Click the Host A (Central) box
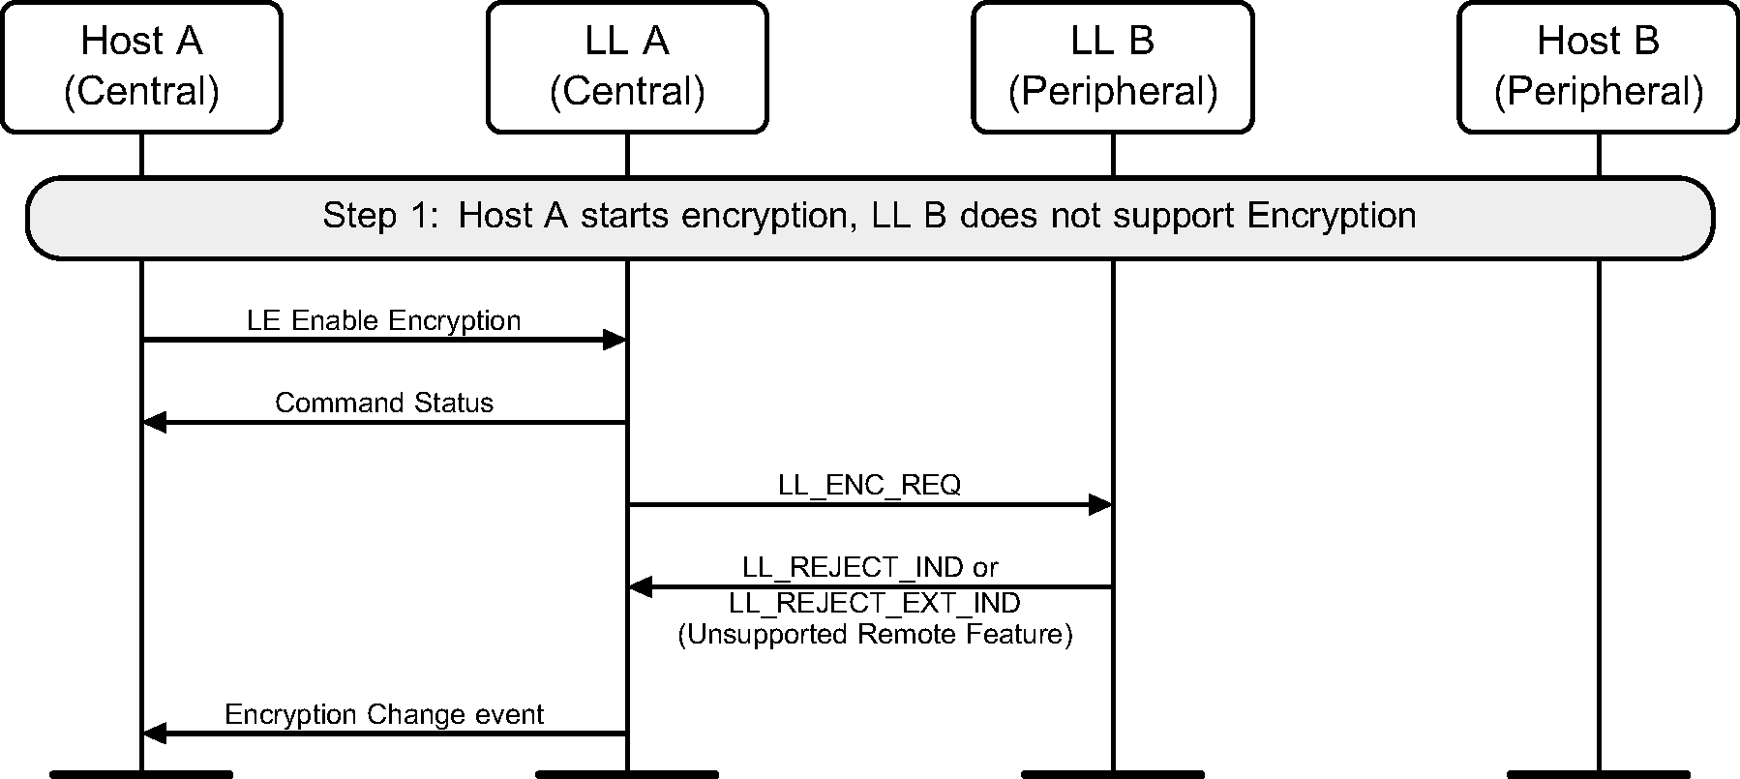[141, 67]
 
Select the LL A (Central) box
[627, 67]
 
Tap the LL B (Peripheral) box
[1113, 67]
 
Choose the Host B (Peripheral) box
[1598, 67]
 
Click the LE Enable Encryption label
[383, 320]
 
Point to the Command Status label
[383, 403]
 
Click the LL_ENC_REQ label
[869, 485]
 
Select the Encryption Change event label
[383, 714]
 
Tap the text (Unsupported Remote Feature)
[875, 635]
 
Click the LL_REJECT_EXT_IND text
[874, 603]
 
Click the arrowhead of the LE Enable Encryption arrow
[615, 340]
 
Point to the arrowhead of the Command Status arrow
[155, 422]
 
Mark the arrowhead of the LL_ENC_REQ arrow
[1100, 504]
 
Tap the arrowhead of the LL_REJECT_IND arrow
[641, 586]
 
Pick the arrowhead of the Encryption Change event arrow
[155, 734]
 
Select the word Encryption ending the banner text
[1331, 215]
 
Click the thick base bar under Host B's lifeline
[1598, 774]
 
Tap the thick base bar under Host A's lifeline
[141, 774]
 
